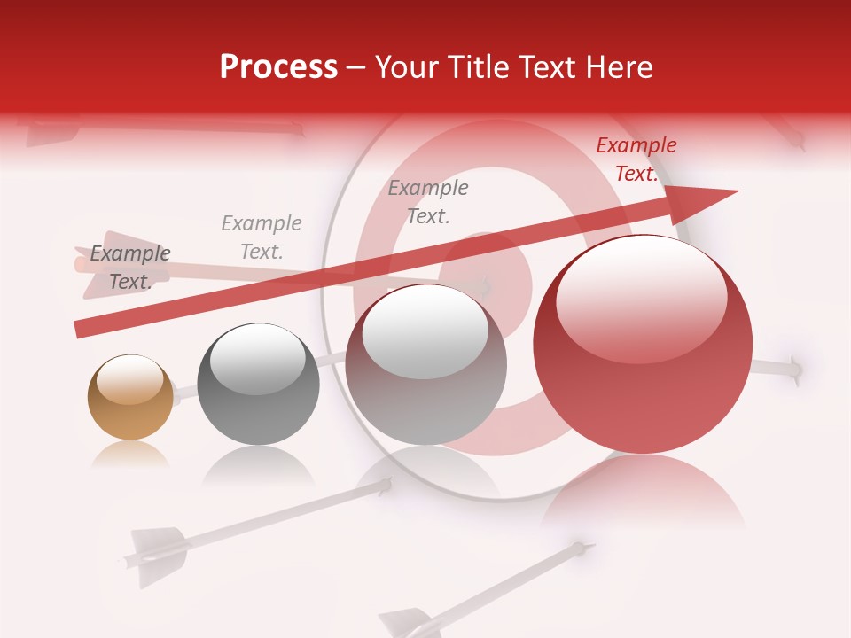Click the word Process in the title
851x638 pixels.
click(x=278, y=67)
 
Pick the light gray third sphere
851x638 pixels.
click(x=425, y=365)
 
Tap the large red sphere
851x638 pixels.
click(x=643, y=346)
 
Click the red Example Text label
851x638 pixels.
click(x=636, y=159)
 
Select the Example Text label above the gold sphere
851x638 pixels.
click(x=129, y=268)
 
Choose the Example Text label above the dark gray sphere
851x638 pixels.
click(x=261, y=237)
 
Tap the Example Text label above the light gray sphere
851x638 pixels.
click(x=427, y=202)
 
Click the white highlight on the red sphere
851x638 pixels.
click(x=641, y=297)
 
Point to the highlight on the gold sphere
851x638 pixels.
click(x=129, y=378)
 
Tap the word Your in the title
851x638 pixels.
click(x=406, y=67)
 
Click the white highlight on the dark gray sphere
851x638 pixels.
click(x=257, y=359)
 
